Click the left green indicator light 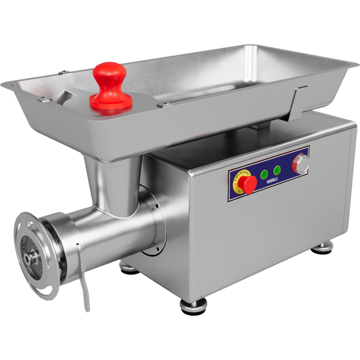pos(264,174)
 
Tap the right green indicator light pos(277,170)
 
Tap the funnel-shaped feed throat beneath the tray pos(112,184)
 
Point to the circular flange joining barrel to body pos(152,221)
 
